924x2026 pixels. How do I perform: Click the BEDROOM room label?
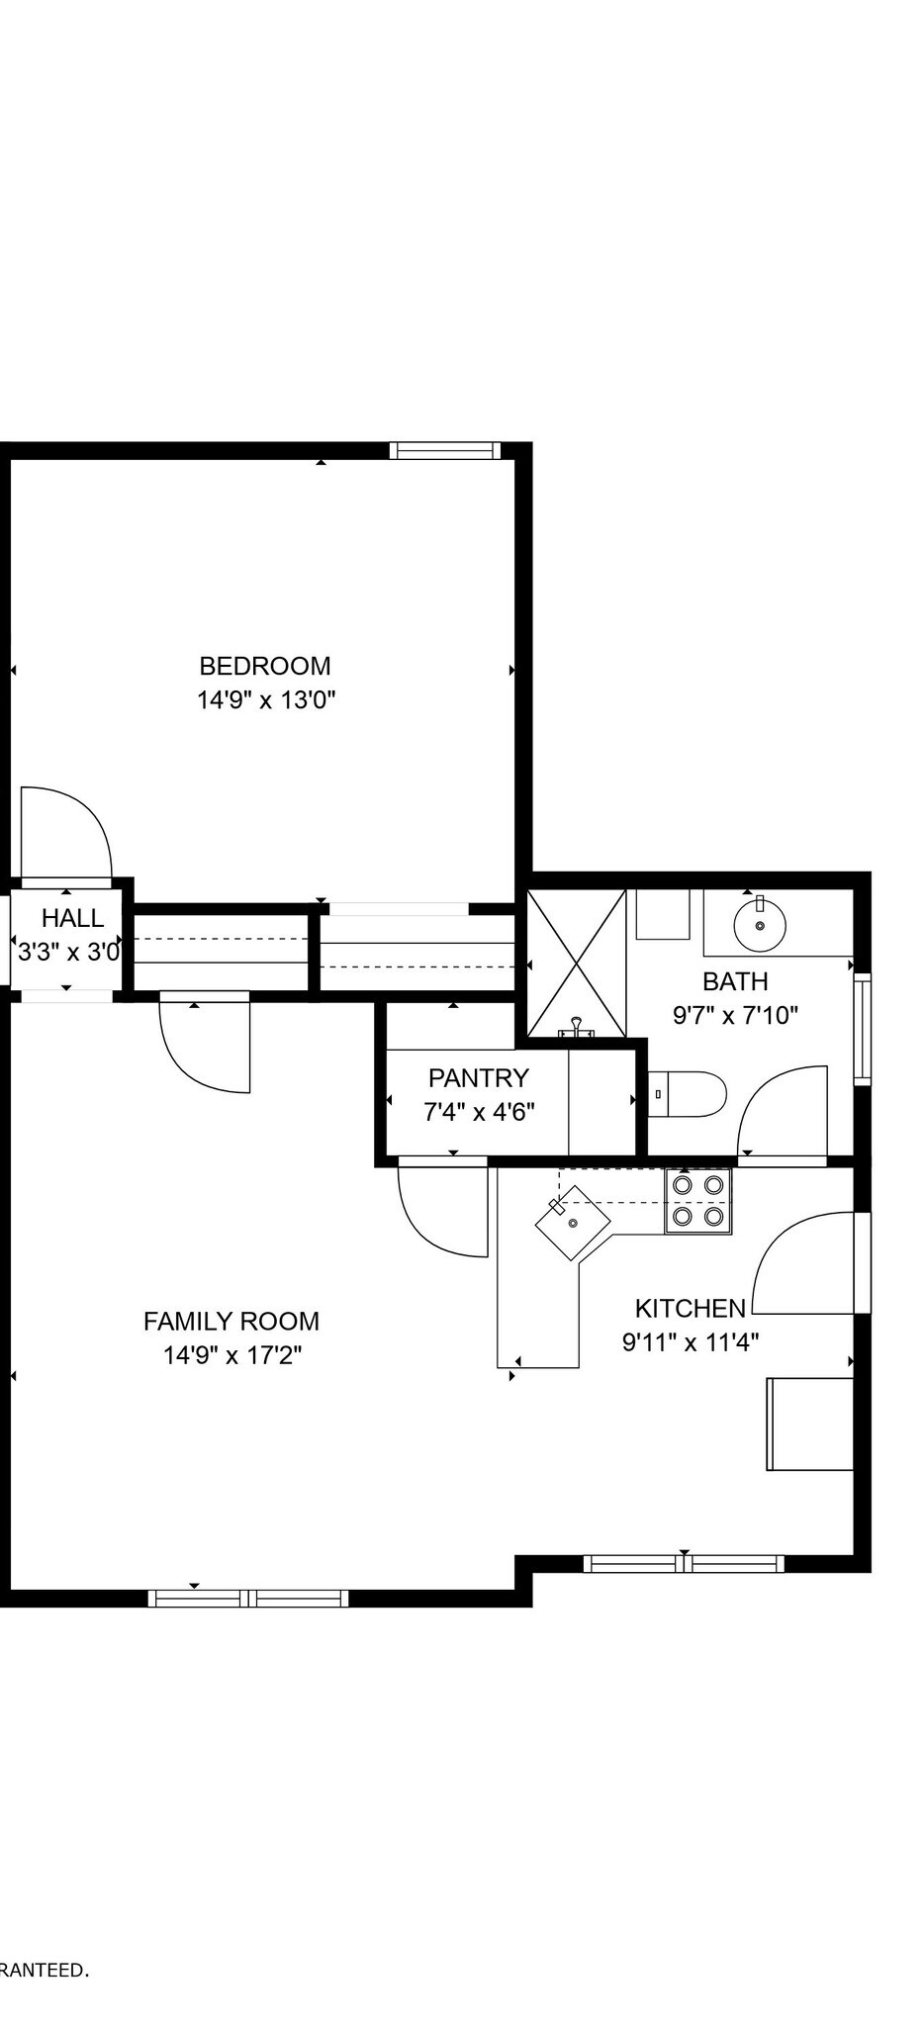click(x=265, y=666)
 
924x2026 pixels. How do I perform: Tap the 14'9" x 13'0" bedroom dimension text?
click(x=266, y=700)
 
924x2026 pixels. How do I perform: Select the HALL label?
click(x=72, y=918)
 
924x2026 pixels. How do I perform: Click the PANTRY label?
click(x=479, y=1077)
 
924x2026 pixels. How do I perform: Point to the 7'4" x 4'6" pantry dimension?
click(x=479, y=1112)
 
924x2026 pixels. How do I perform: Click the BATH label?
click(x=735, y=981)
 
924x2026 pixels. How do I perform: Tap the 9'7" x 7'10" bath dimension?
click(x=735, y=1015)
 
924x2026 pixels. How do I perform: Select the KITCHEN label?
click(x=690, y=1309)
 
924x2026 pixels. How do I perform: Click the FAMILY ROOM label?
click(x=231, y=1322)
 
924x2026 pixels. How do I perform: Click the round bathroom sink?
click(x=760, y=924)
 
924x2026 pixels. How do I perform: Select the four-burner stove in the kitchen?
click(x=698, y=1200)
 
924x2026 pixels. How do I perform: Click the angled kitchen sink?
click(x=573, y=1223)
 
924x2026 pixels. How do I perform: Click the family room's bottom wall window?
click(x=248, y=1598)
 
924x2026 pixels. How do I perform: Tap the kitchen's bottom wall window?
click(x=684, y=1564)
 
